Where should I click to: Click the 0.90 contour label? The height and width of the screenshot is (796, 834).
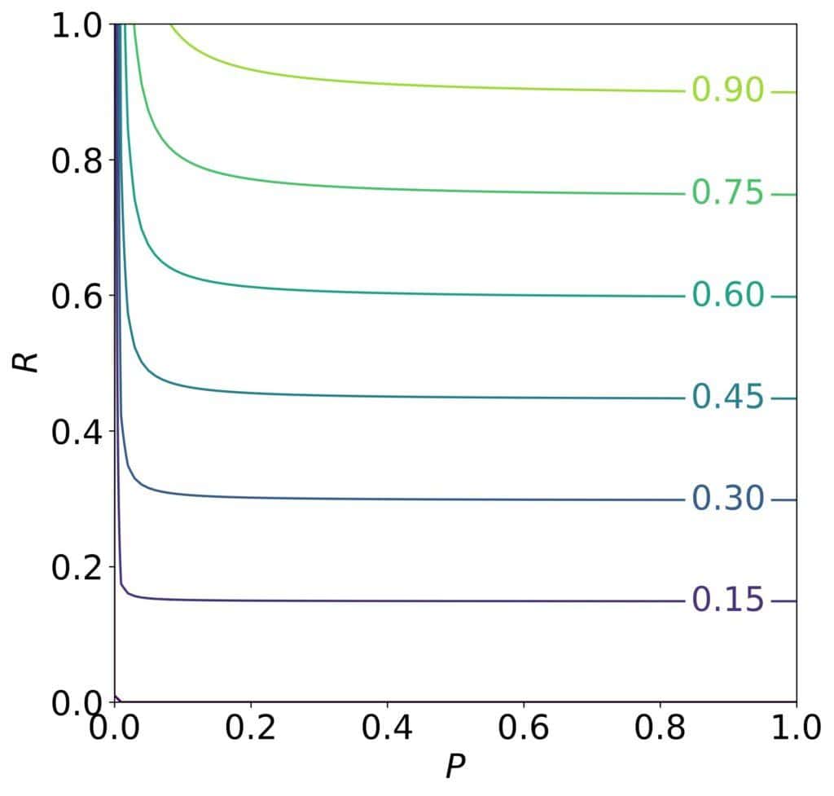pyautogui.click(x=727, y=90)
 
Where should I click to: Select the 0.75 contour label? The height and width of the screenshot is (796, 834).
pyautogui.click(x=727, y=193)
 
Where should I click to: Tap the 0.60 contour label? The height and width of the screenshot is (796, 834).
pyautogui.click(x=727, y=295)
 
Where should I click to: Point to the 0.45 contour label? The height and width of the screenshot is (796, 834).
pyautogui.click(x=727, y=398)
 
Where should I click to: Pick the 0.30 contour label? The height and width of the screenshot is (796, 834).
pyautogui.click(x=727, y=499)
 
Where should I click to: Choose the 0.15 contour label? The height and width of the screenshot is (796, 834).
pyautogui.click(x=727, y=600)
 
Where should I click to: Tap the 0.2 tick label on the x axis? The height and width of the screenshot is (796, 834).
pyautogui.click(x=251, y=728)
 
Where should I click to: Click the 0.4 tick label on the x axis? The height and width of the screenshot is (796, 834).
pyautogui.click(x=387, y=728)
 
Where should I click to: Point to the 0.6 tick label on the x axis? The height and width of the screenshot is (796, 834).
pyautogui.click(x=523, y=728)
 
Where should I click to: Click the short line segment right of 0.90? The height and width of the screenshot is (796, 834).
pyautogui.click(x=783, y=92)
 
